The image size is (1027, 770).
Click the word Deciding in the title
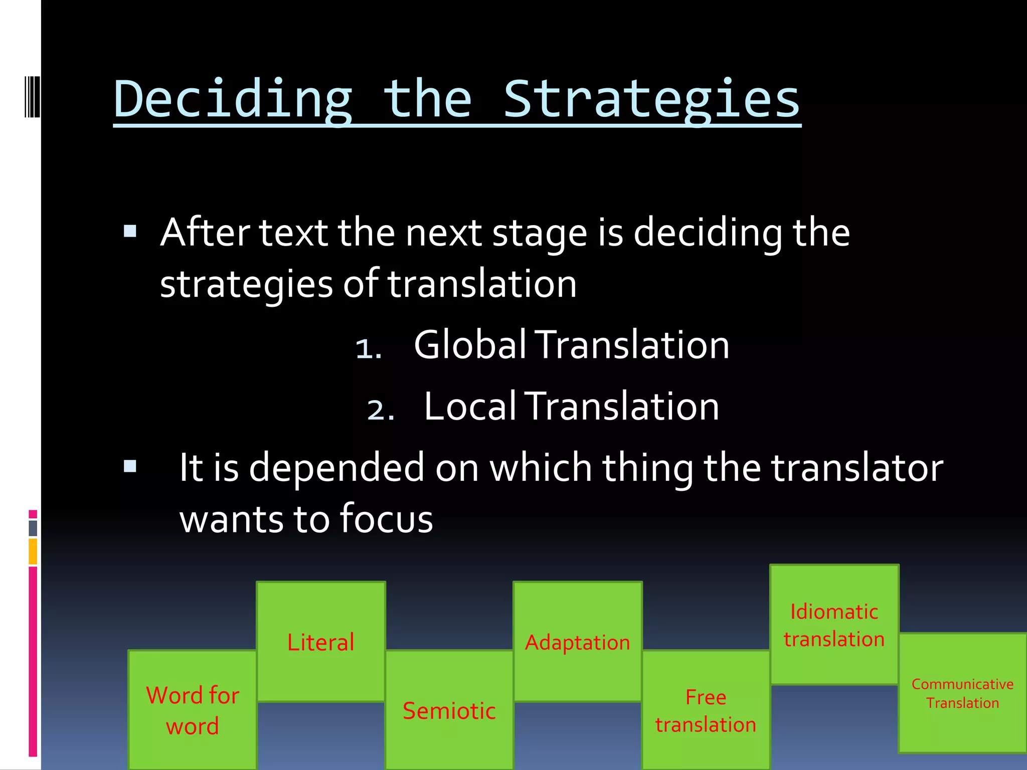pos(233,99)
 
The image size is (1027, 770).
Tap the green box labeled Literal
pos(321,642)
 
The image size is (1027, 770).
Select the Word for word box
pos(193,710)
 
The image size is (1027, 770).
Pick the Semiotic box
pos(449,710)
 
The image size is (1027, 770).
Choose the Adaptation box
pos(578,642)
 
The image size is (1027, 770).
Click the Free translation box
pos(706,710)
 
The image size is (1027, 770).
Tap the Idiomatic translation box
pos(834,625)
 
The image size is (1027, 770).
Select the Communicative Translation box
pos(962,693)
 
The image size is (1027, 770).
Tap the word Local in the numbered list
pos(469,406)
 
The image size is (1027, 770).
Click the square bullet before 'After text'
pos(130,231)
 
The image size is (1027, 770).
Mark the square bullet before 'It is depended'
pos(130,467)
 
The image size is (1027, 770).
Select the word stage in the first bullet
pos(539,234)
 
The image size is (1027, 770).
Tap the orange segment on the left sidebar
pos(33,551)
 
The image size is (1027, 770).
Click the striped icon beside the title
pos(33,96)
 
